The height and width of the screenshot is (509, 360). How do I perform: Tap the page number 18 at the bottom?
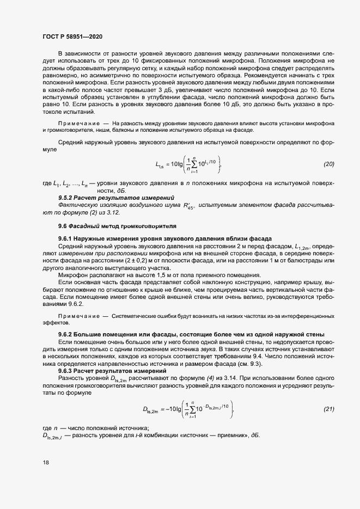coord(45,463)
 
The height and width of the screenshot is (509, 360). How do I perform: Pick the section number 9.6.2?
coord(66,334)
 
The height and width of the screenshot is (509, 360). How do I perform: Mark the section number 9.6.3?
coord(66,371)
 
